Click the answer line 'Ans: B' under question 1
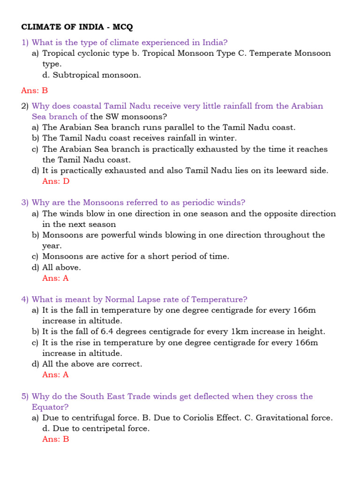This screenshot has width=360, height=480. click(x=35, y=90)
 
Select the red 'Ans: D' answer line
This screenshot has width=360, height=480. click(x=56, y=181)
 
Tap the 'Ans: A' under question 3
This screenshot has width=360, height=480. click(x=55, y=278)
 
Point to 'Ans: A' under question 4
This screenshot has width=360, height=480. click(x=55, y=375)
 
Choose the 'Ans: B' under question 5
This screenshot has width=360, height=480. click(x=55, y=439)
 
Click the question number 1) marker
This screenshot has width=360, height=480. click(x=25, y=42)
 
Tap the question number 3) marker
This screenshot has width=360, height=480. click(x=25, y=202)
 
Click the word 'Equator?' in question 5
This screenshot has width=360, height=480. click(x=50, y=407)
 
